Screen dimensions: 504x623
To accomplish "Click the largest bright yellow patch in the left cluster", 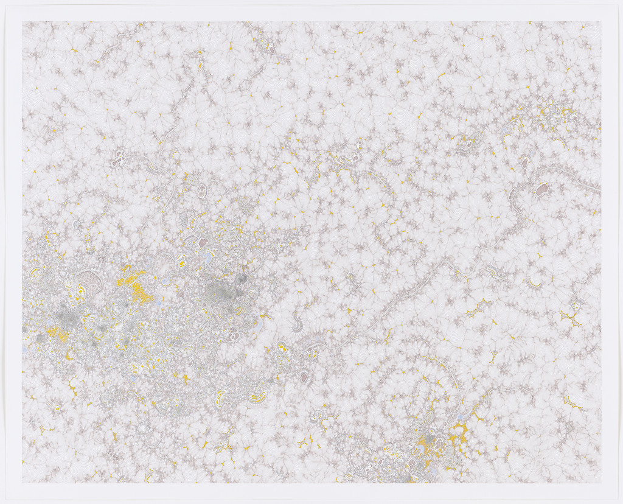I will (x=135, y=282).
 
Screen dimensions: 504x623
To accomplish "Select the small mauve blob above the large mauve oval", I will (x=524, y=163).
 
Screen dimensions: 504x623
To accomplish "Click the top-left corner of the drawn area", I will (x=23, y=23).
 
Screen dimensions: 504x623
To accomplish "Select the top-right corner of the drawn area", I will (x=600, y=23).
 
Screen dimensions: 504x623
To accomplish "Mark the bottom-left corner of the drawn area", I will (x=23, y=483).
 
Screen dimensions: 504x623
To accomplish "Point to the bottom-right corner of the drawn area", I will (x=600, y=483).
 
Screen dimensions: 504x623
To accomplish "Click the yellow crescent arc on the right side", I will (x=535, y=284).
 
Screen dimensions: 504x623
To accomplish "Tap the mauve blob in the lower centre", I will (x=304, y=377).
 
